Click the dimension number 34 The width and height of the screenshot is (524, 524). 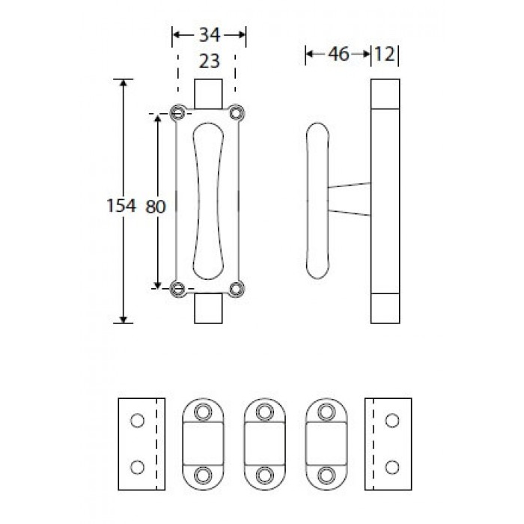(210, 35)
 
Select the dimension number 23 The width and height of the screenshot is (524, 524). (209, 61)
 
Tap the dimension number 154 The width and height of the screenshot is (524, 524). (121, 205)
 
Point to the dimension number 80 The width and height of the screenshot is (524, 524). (156, 207)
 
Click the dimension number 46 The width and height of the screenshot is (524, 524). (338, 54)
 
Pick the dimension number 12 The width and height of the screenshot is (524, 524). (385, 54)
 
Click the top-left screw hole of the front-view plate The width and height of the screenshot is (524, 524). (178, 113)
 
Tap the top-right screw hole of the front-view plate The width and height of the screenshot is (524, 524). (237, 113)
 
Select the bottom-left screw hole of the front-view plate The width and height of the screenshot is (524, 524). (178, 288)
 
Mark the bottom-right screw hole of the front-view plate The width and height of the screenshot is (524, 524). (237, 289)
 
